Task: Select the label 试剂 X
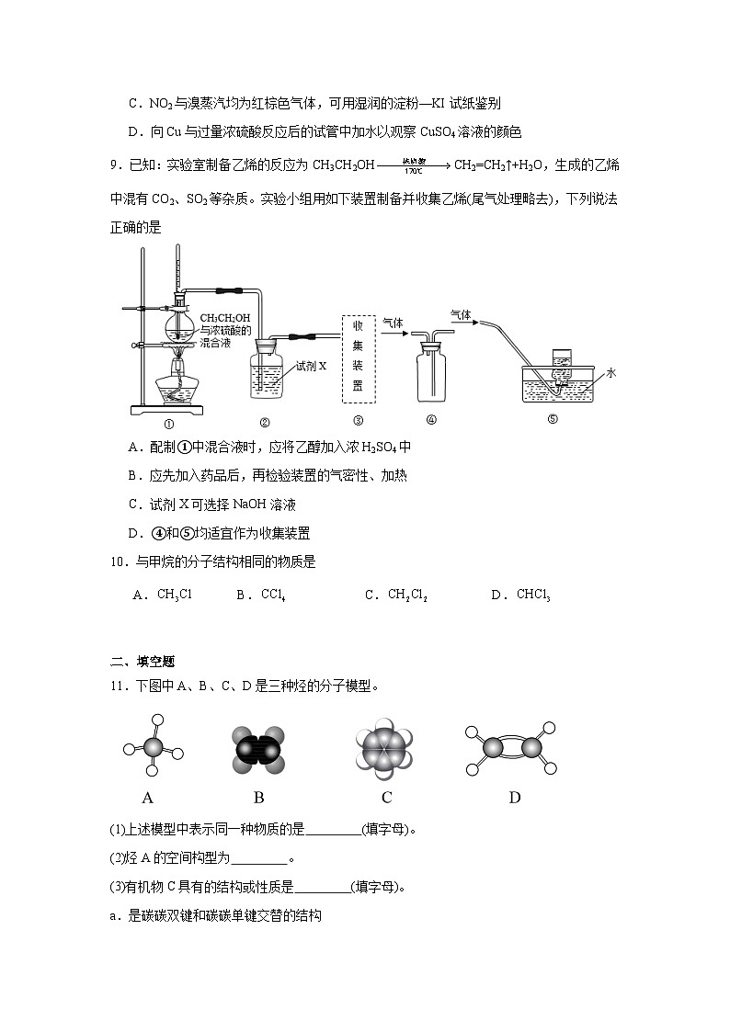pyautogui.click(x=311, y=365)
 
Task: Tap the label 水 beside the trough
pyautogui.click(x=611, y=372)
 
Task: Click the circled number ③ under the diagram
pyautogui.click(x=358, y=422)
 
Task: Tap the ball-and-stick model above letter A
pyautogui.click(x=153, y=749)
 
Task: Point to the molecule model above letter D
pyautogui.click(x=513, y=749)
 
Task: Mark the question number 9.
pyautogui.click(x=115, y=165)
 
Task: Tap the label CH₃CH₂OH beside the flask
pyautogui.click(x=225, y=317)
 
